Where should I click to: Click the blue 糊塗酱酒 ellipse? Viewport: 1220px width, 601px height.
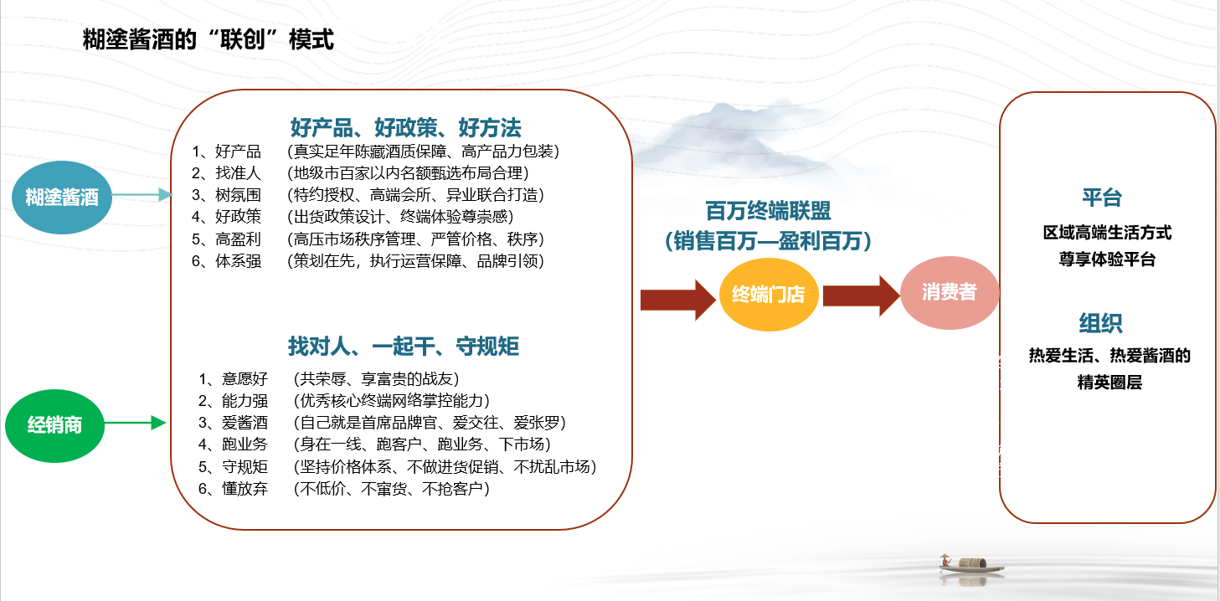(62, 197)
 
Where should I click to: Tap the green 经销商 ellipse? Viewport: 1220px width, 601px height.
(54, 426)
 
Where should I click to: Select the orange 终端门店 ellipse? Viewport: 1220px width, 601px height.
(769, 295)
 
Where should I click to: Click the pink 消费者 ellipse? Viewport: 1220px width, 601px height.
(950, 293)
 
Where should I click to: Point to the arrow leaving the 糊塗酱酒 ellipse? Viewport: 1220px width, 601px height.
(142, 194)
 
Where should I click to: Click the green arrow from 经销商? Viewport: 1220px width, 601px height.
(135, 423)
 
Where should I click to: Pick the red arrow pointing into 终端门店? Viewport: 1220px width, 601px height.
(678, 300)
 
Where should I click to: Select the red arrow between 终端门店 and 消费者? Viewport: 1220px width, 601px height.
(861, 295)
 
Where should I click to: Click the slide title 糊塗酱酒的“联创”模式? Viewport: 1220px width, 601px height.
(208, 39)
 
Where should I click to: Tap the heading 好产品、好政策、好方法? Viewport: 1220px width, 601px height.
(406, 127)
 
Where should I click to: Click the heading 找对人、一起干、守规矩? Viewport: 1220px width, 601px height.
(404, 347)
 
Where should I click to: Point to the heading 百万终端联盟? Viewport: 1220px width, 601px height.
(768, 211)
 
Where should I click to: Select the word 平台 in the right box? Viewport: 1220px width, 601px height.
(1102, 197)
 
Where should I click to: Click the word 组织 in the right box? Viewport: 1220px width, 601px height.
(1101, 323)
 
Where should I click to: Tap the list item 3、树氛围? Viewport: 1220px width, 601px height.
(226, 194)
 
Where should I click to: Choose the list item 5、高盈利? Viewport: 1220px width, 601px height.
(226, 239)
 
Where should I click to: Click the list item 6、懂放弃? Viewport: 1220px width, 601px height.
(233, 488)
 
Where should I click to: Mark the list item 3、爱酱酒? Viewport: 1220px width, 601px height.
(233, 423)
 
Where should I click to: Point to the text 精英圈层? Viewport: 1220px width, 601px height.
(1109, 383)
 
